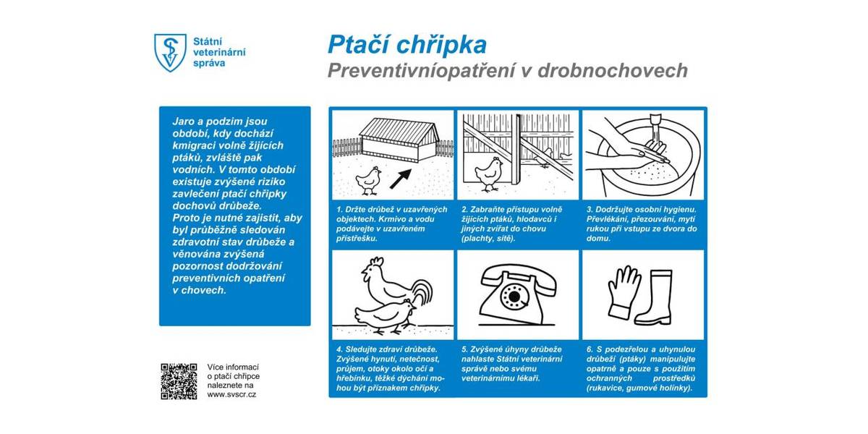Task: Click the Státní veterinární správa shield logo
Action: click(169, 52)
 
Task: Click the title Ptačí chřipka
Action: click(407, 45)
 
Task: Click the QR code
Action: click(179, 381)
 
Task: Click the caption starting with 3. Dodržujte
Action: click(642, 224)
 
